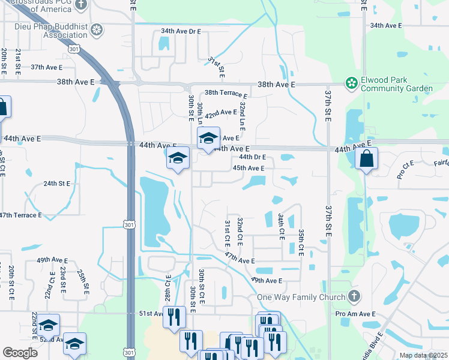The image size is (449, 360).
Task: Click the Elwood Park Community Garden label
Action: tap(397, 85)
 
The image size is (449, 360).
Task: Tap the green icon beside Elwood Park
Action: tap(351, 84)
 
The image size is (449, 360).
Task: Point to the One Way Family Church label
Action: tap(301, 297)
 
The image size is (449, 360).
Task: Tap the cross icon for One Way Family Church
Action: tap(354, 296)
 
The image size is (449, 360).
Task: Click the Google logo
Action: tap(20, 353)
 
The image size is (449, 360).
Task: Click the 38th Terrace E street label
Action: tap(226, 94)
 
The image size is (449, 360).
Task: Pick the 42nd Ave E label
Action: tap(221, 113)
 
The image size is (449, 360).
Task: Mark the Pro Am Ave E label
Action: tap(355, 314)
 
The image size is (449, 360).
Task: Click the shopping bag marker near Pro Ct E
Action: tap(366, 159)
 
